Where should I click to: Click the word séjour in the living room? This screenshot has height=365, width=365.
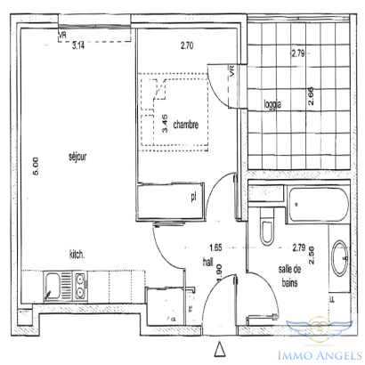pyautogui.click(x=77, y=157)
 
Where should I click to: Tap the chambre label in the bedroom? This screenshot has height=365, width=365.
pyautogui.click(x=186, y=125)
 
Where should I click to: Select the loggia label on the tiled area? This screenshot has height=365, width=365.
pyautogui.click(x=272, y=104)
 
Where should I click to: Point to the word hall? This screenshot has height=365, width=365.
pyautogui.click(x=208, y=261)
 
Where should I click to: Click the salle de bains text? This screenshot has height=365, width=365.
pyautogui.click(x=289, y=276)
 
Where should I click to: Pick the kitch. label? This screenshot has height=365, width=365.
pyautogui.click(x=77, y=255)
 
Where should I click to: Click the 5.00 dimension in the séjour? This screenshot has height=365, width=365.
pyautogui.click(x=36, y=166)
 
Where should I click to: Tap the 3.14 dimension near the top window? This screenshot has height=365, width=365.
pyautogui.click(x=78, y=45)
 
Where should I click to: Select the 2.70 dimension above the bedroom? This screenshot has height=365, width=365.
pyautogui.click(x=187, y=45)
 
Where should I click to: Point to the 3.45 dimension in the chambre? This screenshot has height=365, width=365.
pyautogui.click(x=166, y=124)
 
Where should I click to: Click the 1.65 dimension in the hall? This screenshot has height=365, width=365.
pyautogui.click(x=215, y=247)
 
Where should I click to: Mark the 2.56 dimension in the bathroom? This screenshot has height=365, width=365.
pyautogui.click(x=312, y=255)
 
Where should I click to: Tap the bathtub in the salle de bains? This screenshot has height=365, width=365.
pyautogui.click(x=319, y=205)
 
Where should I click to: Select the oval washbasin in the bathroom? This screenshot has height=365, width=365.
pyautogui.click(x=340, y=258)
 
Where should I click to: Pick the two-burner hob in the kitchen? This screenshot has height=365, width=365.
pyautogui.click(x=79, y=286)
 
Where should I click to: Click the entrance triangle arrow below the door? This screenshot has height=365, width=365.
pyautogui.click(x=220, y=349)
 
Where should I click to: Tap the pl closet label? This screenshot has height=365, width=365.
pyautogui.click(x=194, y=197)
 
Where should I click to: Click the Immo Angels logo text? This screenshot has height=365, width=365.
pyautogui.click(x=320, y=355)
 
